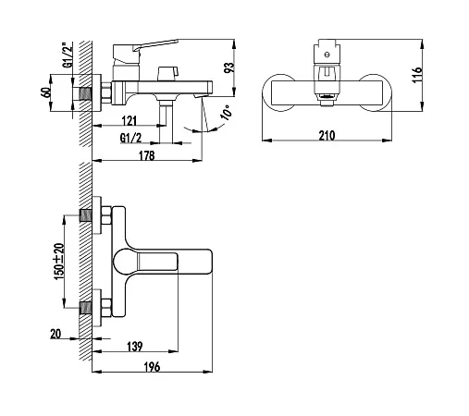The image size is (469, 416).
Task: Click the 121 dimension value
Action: coord(130,120)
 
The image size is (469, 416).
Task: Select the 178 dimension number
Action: coord(146,155)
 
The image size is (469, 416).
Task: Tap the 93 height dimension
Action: coord(229,67)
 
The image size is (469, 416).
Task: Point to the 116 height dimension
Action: coord(416,74)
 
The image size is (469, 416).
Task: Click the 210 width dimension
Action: coord(327,136)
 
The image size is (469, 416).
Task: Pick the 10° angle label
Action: coord(226,112)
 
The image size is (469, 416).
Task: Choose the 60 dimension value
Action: coord(45,92)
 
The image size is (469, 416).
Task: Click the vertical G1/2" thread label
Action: coord(68,55)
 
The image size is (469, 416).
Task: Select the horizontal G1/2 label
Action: coord(130,138)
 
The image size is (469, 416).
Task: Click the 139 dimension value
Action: coord(135,347)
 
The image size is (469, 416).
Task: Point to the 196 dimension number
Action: coord(152,367)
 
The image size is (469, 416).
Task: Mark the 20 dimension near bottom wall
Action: coord(56,334)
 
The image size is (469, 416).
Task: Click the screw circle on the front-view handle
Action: coord(327,55)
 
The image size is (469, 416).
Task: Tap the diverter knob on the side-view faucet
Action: coord(167,74)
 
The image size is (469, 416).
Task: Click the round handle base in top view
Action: coord(125,262)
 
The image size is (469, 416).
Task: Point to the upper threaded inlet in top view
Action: coord(86,215)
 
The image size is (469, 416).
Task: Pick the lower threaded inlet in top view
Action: coord(86,308)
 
